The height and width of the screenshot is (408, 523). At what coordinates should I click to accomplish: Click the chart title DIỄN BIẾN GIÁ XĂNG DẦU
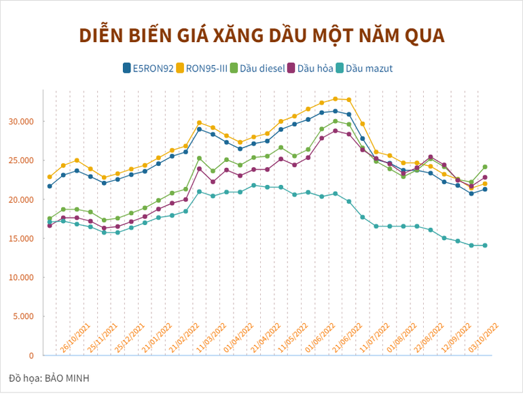[x=261, y=35]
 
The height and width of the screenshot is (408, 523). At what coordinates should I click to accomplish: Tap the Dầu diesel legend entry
[x=256, y=68]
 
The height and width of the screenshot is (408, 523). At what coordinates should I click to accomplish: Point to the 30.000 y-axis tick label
[x=20, y=122]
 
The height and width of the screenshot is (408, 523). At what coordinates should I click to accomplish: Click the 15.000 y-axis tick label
[x=20, y=239]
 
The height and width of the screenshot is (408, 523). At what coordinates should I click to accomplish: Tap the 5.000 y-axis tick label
[x=22, y=317]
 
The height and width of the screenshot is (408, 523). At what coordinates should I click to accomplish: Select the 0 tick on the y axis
[x=31, y=356]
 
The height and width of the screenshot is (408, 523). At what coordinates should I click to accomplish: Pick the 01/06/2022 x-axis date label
[x=320, y=337]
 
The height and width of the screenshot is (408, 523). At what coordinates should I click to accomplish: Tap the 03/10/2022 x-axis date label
[x=484, y=337]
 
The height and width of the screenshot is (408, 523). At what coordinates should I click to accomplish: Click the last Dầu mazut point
[x=485, y=245]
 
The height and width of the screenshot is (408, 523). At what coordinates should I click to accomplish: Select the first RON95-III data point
[x=50, y=177]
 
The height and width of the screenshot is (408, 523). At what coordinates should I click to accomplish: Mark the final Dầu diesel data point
[x=485, y=167]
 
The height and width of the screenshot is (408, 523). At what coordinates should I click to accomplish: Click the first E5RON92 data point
[x=50, y=186]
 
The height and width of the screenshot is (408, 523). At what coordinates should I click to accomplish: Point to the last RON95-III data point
[x=485, y=184]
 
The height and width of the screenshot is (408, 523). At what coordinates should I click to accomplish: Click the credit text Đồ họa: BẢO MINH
[x=49, y=378]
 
